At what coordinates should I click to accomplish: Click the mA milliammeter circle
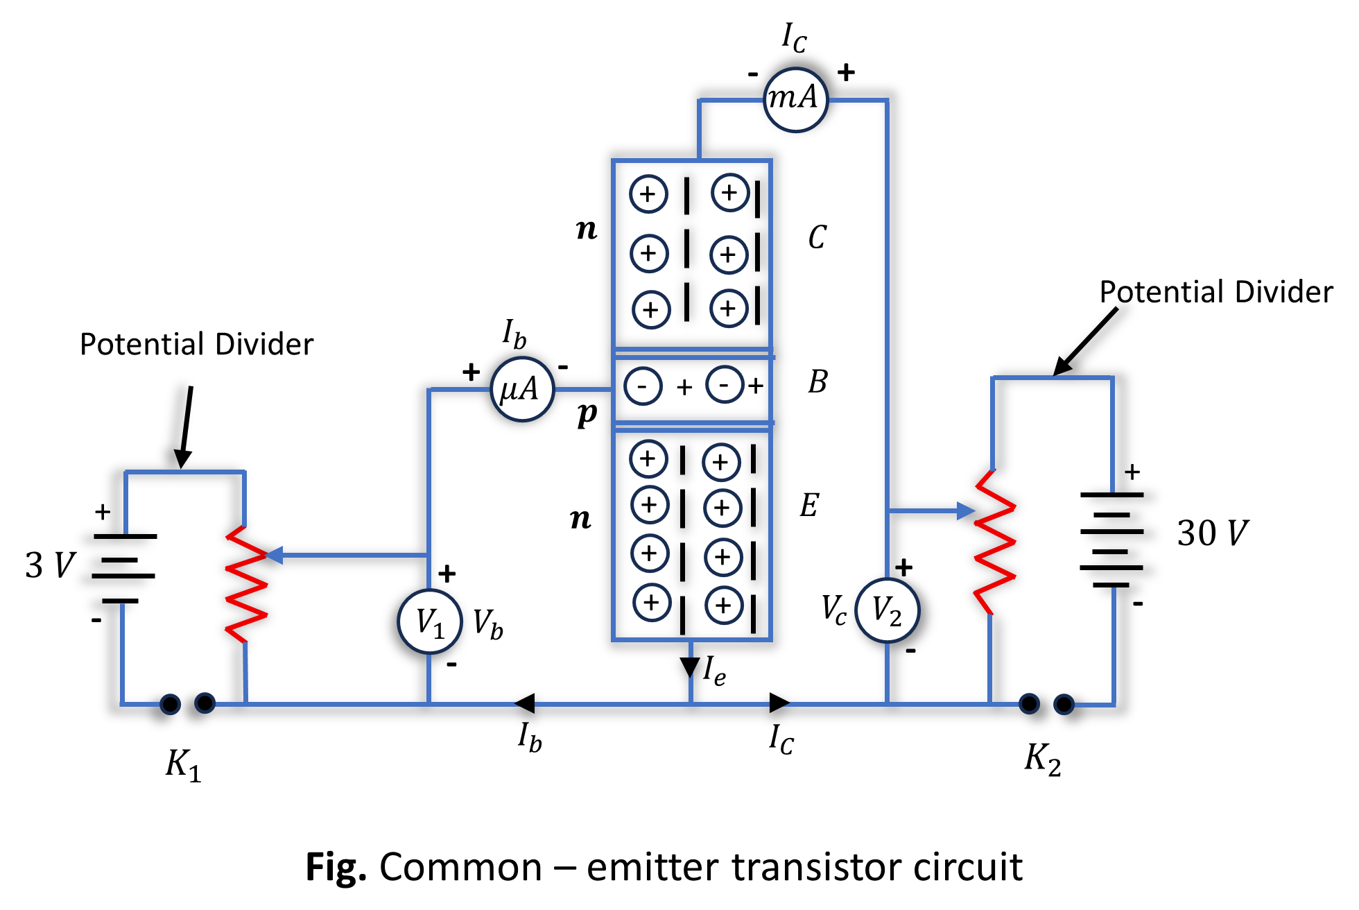point(796,100)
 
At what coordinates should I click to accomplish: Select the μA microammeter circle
point(522,389)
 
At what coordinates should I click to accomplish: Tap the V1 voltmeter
point(430,621)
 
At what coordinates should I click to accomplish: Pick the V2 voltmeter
point(888,610)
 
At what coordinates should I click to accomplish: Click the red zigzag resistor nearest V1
point(246,584)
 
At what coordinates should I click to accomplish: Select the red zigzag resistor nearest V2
point(995,542)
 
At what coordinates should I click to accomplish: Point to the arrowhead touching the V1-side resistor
point(275,555)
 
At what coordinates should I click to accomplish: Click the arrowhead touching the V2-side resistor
point(966,511)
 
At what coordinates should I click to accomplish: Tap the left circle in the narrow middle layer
point(643,386)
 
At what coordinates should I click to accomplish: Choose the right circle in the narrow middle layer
point(725,384)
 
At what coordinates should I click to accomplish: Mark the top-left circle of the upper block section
point(649,194)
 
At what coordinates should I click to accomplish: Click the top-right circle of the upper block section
point(731,192)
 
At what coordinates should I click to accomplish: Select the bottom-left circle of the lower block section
point(652,603)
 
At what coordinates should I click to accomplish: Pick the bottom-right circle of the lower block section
point(725,606)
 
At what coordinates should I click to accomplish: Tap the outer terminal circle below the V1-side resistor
point(170,705)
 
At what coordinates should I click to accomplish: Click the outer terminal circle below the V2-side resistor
point(1064,705)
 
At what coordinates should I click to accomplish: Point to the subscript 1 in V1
point(439,630)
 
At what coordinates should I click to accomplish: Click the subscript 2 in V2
point(896,618)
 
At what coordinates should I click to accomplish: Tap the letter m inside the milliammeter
point(781,98)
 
